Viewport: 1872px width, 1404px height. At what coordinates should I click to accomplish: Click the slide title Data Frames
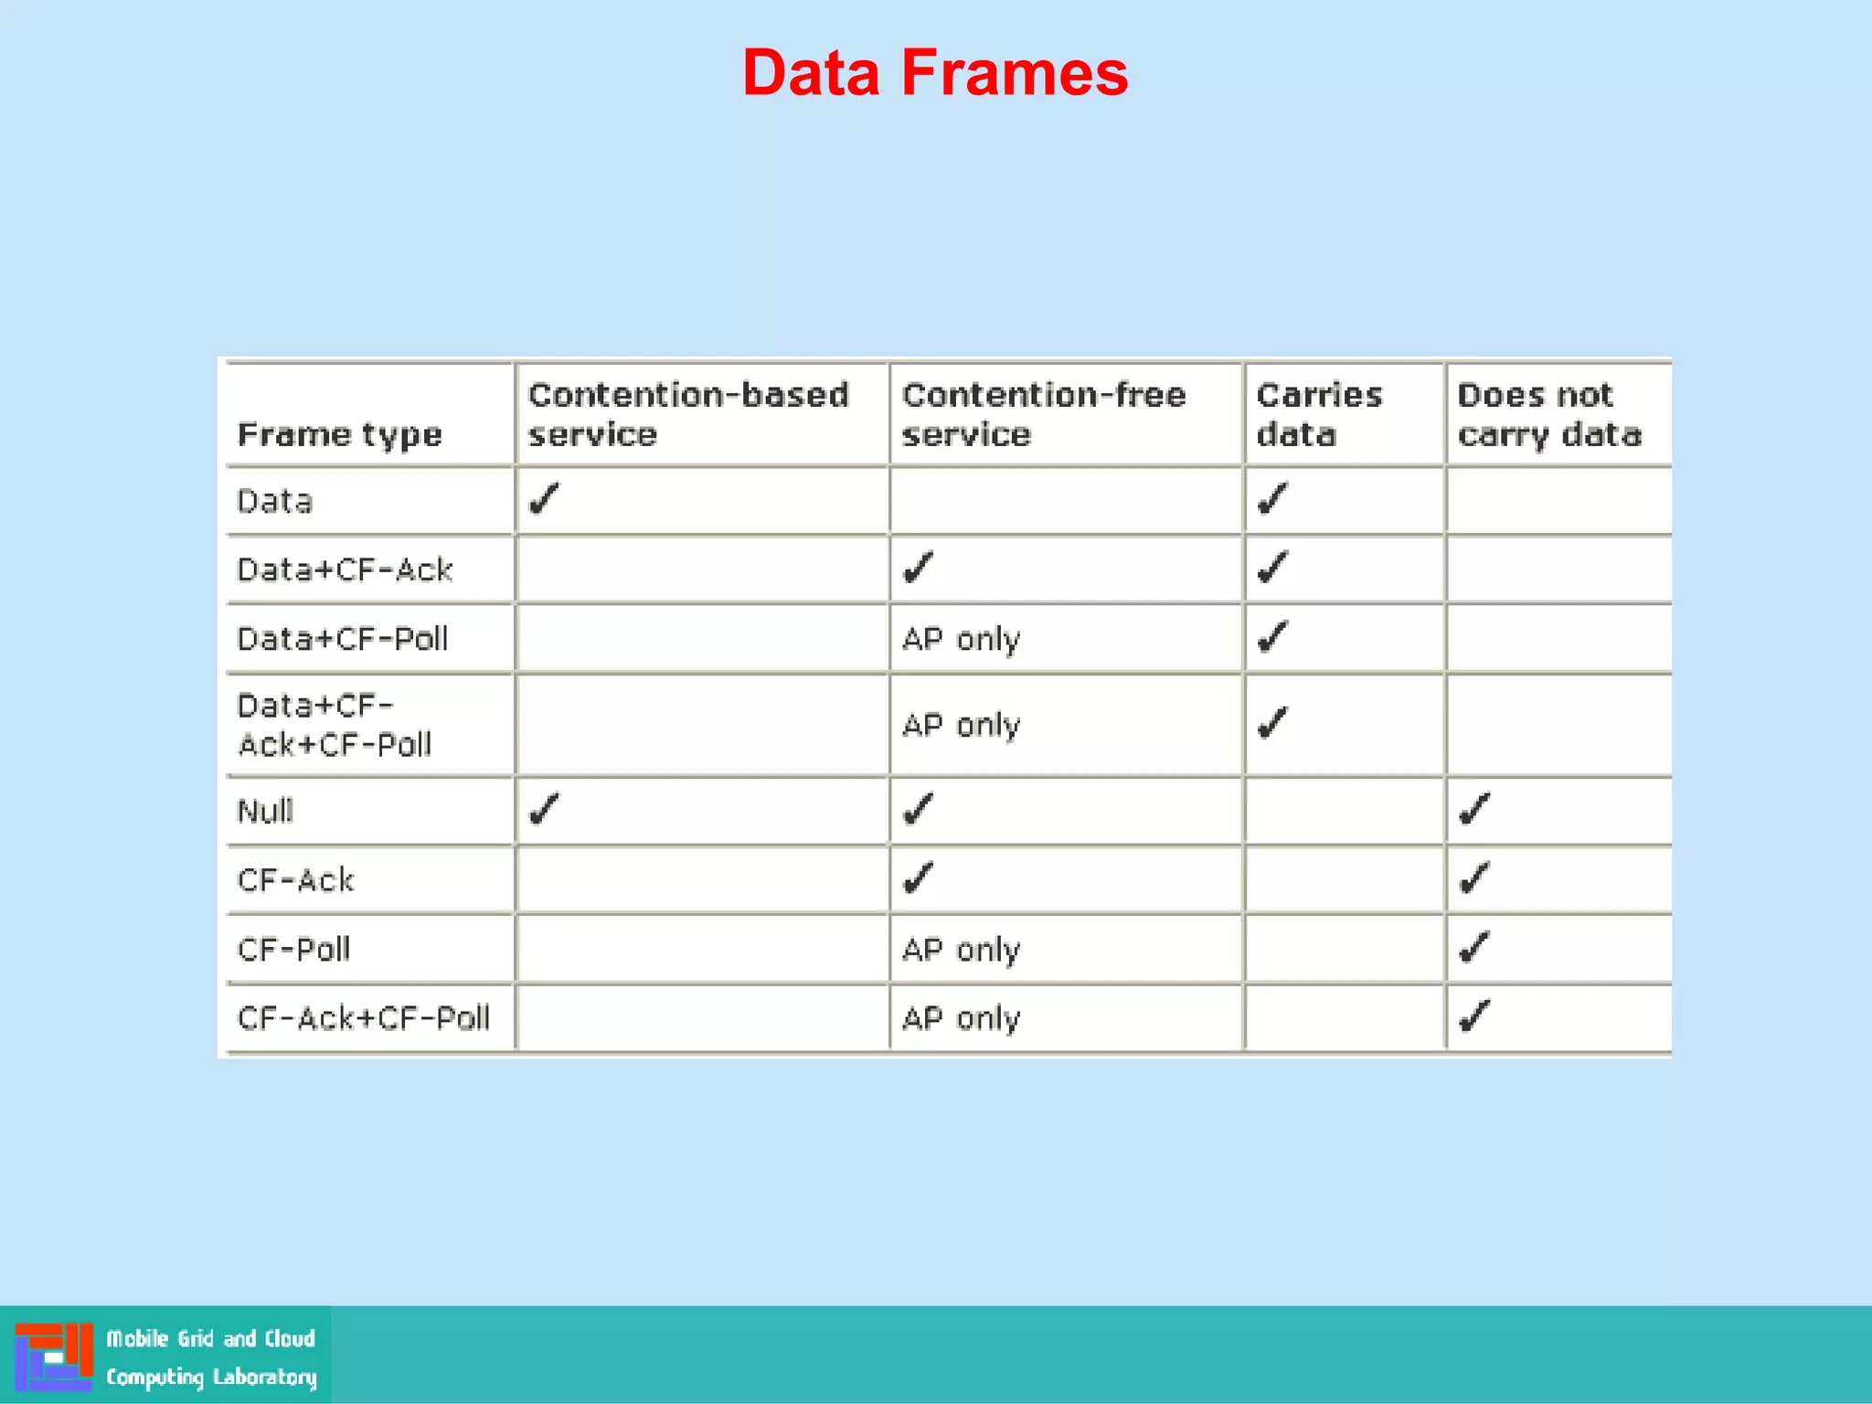[935, 73]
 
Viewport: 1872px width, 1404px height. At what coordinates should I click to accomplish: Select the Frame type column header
[339, 434]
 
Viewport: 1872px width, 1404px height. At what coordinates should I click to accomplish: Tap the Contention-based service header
[688, 414]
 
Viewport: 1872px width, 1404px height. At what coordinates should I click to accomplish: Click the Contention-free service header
[1043, 414]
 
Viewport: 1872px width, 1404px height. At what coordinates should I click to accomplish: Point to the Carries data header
[1319, 414]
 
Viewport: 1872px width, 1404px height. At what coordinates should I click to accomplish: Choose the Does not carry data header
[1549, 414]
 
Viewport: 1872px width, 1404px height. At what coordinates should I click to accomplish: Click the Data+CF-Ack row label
[345, 570]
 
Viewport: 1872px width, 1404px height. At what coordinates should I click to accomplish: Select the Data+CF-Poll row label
[343, 639]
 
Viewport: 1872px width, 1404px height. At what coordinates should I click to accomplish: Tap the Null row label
[265, 811]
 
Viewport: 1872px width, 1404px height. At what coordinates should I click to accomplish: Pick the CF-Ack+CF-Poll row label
[364, 1018]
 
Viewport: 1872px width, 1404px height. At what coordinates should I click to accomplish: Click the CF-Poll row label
[293, 950]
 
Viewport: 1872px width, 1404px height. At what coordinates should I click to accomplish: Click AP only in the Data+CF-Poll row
[961, 639]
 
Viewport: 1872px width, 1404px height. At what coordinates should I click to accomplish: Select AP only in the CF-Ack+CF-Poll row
[961, 1018]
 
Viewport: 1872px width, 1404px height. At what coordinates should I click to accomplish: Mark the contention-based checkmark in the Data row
[544, 499]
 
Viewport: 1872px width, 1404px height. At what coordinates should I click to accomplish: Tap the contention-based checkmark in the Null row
[544, 809]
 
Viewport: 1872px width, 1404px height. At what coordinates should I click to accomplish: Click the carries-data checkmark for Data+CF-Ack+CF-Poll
[1272, 723]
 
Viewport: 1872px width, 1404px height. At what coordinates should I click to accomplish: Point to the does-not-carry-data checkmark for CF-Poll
[1474, 948]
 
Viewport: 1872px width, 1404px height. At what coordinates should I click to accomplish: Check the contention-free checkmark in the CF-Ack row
[918, 878]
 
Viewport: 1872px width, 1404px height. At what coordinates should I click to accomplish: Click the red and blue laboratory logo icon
[54, 1356]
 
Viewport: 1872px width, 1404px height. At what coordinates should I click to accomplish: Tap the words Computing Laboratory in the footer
[211, 1377]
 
